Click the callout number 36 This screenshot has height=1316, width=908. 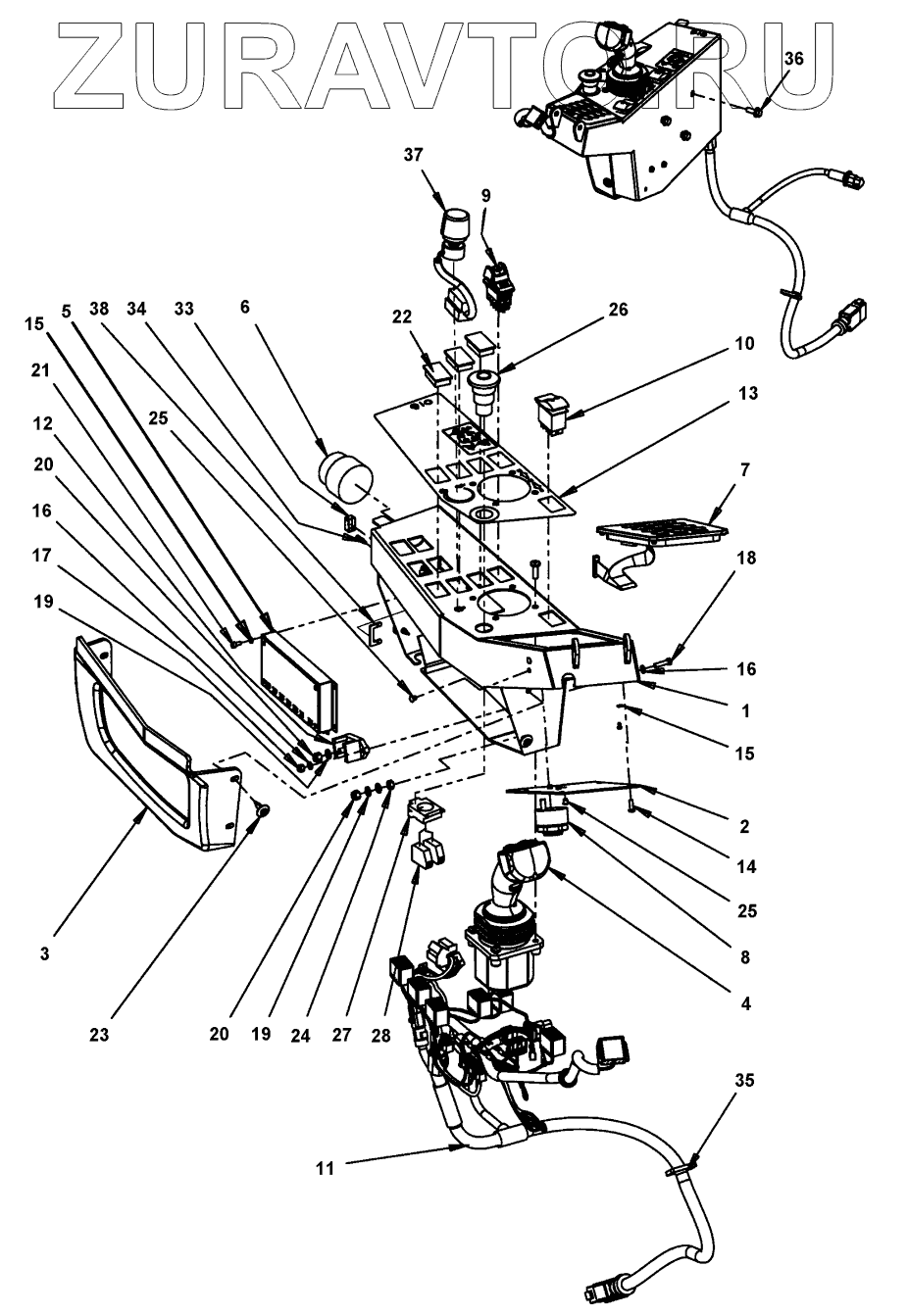(794, 58)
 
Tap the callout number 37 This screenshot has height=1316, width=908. (414, 155)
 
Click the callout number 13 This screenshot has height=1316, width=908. (745, 393)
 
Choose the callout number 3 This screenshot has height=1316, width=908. (45, 954)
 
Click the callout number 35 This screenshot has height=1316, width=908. (744, 1081)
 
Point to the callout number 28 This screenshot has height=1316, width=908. (380, 1035)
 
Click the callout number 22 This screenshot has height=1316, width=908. (402, 317)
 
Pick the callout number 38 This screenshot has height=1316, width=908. (99, 309)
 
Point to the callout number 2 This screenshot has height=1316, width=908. (744, 827)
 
